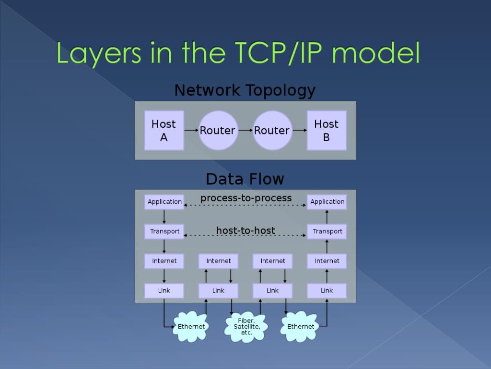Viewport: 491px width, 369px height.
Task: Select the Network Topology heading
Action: (245, 90)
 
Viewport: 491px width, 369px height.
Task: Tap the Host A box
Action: (164, 130)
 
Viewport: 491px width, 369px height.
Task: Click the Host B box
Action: (327, 130)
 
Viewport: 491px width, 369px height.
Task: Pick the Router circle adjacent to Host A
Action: (218, 130)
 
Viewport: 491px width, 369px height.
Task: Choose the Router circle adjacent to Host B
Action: (272, 130)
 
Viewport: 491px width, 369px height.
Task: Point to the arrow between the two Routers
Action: (245, 130)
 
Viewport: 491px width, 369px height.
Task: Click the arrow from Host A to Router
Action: (191, 130)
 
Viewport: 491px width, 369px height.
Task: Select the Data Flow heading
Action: (245, 179)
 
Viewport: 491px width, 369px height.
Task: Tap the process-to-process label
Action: (246, 198)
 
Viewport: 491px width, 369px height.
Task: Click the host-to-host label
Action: (246, 231)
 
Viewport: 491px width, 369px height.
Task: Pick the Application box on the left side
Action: (164, 202)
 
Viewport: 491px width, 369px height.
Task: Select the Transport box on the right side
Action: (327, 232)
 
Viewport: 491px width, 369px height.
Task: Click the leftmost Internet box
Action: (164, 261)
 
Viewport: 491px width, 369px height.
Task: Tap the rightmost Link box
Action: (327, 290)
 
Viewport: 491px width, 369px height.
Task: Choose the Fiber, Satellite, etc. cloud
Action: (246, 327)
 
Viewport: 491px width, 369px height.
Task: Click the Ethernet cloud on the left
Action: (191, 327)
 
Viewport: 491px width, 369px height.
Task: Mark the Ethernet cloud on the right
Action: (300, 327)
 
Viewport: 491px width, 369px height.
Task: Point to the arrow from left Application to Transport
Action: (164, 217)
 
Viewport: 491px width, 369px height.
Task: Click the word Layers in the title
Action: (98, 53)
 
